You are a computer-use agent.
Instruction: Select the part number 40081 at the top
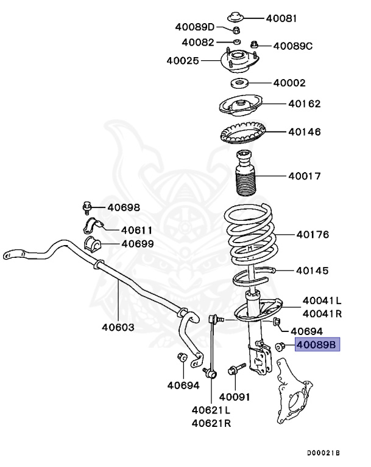(281, 18)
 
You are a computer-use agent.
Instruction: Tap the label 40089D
(195, 27)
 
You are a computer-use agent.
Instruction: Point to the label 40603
(118, 327)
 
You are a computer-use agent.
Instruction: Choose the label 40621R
(211, 423)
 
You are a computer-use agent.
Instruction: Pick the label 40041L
(322, 300)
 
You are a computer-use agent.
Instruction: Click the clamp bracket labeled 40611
(91, 229)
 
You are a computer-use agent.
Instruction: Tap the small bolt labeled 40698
(87, 207)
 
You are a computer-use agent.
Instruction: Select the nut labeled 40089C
(254, 45)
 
